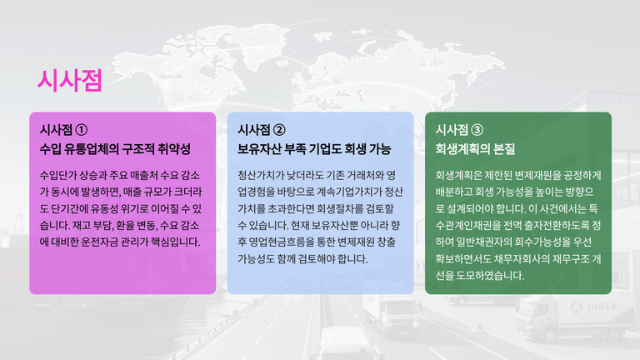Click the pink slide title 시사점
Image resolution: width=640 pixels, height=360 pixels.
pos(69,80)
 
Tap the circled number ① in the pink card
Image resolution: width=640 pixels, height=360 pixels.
pos(81,130)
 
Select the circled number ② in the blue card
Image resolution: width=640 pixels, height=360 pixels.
pos(279,130)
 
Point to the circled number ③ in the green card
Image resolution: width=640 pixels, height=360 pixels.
pos(477,130)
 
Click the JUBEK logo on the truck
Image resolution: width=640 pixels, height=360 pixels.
pos(594,307)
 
